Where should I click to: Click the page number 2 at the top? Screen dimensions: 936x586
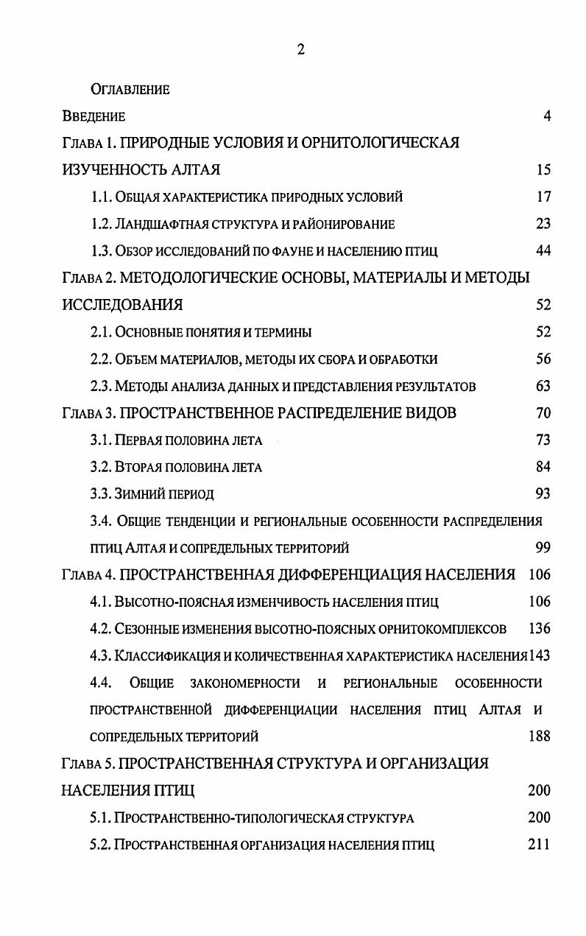click(300, 50)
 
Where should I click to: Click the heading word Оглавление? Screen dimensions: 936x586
click(130, 90)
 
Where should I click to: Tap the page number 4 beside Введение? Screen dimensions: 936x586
click(546, 116)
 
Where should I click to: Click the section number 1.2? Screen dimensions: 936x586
click(100, 224)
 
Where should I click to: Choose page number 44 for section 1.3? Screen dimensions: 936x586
click(543, 251)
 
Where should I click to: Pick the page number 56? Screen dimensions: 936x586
click(543, 359)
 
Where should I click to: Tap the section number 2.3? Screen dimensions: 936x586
click(100, 386)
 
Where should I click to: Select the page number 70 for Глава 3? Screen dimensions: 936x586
click(543, 413)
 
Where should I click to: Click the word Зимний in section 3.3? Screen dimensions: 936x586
click(135, 494)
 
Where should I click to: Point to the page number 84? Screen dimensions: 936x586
click(543, 467)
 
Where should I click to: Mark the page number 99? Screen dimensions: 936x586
click(543, 548)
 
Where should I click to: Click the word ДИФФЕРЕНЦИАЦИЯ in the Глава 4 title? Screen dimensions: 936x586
click(336, 575)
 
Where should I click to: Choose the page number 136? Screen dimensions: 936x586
click(539, 629)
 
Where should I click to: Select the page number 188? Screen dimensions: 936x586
click(539, 736)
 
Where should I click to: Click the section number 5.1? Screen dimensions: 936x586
click(100, 818)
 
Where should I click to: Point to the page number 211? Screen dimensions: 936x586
click(539, 845)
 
